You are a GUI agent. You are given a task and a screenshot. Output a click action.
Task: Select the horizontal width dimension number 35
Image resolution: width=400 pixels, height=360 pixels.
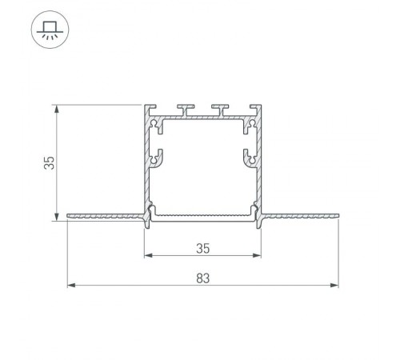[202, 248]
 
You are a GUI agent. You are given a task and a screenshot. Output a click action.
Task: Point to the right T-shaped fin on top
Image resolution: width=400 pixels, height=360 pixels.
[218, 109]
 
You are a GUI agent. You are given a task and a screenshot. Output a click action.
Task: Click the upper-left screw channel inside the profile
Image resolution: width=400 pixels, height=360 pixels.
[155, 125]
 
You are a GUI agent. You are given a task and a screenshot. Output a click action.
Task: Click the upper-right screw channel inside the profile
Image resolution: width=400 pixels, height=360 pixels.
[251, 125]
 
